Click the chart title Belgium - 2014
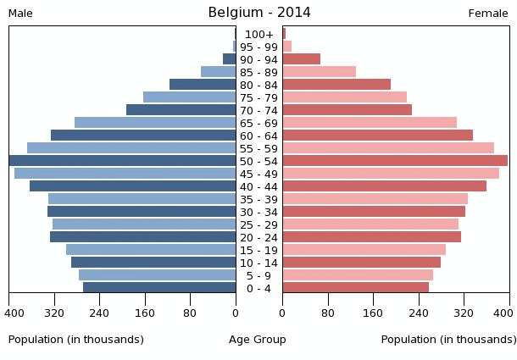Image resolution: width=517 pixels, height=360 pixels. [258, 13]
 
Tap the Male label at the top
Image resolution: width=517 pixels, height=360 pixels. [20, 14]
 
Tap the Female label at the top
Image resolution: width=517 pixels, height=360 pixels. [488, 14]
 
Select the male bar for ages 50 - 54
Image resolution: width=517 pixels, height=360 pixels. [123, 161]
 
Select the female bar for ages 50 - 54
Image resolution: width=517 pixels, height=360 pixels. [395, 161]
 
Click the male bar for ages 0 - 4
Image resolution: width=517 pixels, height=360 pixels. [159, 288]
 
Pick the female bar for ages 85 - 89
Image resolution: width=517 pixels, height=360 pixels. [320, 72]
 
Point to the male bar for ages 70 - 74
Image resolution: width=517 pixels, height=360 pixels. [181, 110]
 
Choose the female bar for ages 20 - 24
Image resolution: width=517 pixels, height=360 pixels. [372, 237]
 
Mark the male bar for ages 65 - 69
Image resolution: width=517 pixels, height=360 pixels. [155, 123]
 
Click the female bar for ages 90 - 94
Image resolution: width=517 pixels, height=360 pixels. [302, 59]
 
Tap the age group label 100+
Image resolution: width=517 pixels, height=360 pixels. [258, 34]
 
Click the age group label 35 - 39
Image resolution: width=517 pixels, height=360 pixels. [258, 199]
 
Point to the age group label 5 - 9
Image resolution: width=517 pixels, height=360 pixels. [258, 275]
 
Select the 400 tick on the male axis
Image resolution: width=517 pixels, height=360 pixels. [14, 313]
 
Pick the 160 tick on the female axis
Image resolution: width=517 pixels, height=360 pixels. [373, 313]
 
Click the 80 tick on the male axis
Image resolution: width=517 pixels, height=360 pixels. [191, 313]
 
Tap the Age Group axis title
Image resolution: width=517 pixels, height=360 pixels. [258, 340]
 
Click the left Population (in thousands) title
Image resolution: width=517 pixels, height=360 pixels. [76, 340]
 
